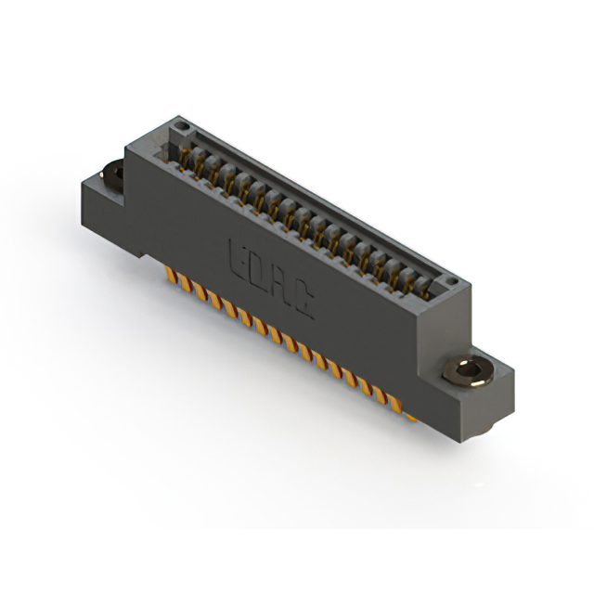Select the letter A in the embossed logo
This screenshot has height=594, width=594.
pos(280,284)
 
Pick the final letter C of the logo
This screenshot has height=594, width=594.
pos(302,299)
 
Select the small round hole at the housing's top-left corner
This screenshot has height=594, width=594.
pos(183,126)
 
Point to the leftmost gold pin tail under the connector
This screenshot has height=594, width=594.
pos(170,275)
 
